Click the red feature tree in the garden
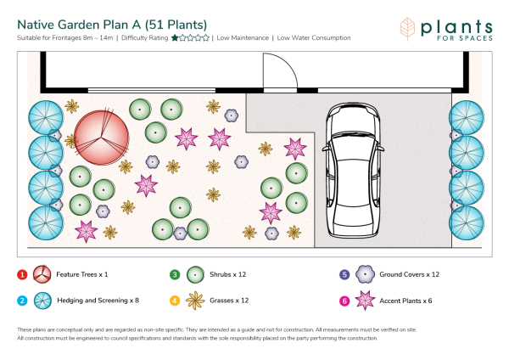point(101,138)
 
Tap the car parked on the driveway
point(353,170)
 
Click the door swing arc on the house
point(286,65)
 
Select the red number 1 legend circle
point(22,275)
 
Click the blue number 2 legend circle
point(22,301)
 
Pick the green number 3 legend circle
point(175,275)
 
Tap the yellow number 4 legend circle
point(175,301)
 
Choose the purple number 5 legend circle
point(344,275)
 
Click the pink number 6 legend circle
point(344,301)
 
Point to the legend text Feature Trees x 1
point(82,274)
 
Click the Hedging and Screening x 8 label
point(98,301)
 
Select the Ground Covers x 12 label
point(410,274)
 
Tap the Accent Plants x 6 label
point(406,301)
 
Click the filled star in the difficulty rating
point(175,38)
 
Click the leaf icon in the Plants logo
point(407,29)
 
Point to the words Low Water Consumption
point(314,38)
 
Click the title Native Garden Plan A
point(79,25)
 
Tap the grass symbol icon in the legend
point(195,301)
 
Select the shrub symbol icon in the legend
point(195,275)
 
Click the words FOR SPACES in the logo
point(465,38)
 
